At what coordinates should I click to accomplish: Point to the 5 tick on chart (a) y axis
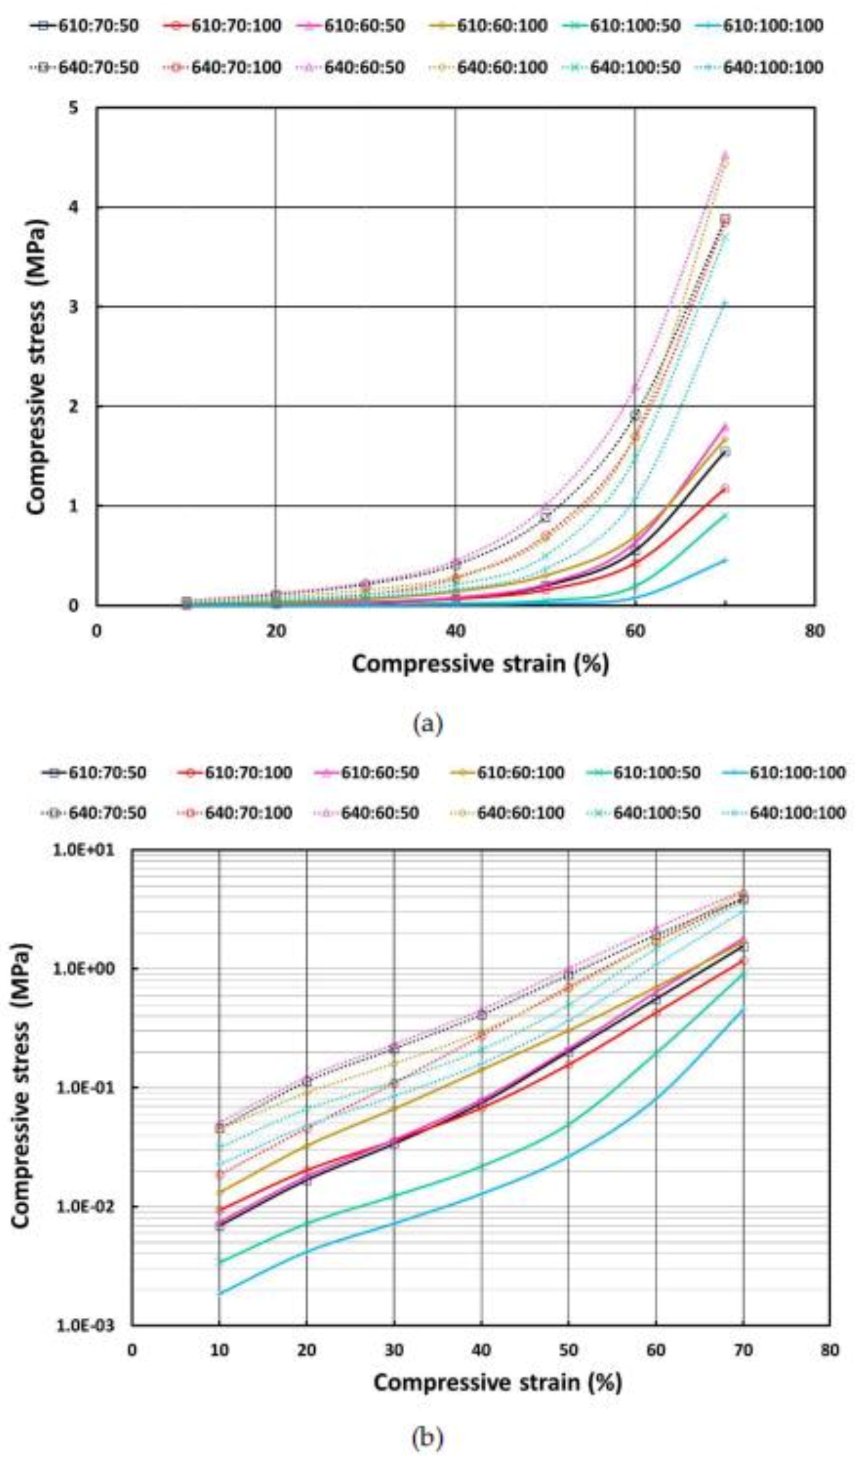point(74,108)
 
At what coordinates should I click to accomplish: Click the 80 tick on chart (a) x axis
point(814,631)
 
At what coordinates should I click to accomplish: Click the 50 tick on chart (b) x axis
point(568,1350)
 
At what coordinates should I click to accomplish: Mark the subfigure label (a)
point(428,725)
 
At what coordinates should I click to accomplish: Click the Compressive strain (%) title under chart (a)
point(480,664)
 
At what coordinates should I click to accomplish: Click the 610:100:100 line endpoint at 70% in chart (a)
point(725,560)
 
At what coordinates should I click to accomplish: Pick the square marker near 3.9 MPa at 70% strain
point(725,219)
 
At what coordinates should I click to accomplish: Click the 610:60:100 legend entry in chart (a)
point(490,26)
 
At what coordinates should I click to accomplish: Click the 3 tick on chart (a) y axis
point(74,307)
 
